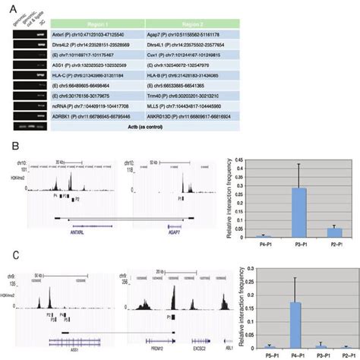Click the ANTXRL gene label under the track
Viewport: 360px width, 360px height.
[81, 233]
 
